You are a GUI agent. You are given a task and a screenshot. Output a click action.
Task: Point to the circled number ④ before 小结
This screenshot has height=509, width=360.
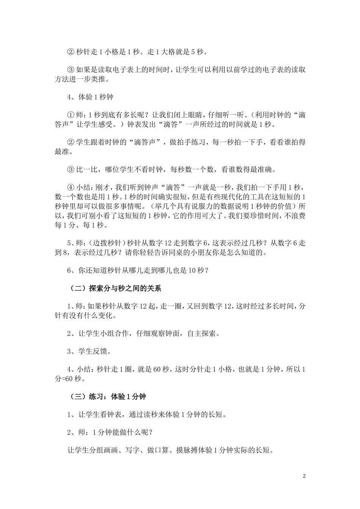pos(71,187)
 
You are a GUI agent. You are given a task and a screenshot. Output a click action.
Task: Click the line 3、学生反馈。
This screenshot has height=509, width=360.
pos(89,351)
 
